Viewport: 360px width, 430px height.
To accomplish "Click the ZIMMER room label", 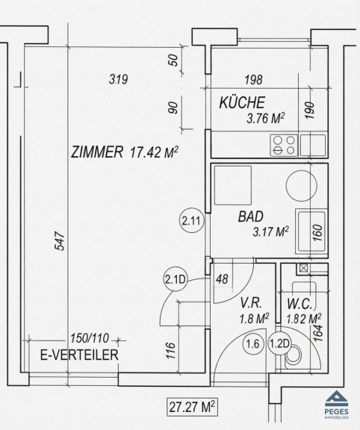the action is click(97, 152).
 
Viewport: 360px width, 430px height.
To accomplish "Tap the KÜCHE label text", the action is click(242, 102).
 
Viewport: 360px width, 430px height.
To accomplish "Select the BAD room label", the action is click(250, 216).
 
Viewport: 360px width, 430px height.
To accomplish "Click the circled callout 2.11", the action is click(193, 221).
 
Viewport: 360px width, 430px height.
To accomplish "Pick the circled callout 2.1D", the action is click(175, 279).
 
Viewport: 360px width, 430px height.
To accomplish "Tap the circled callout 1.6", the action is click(253, 343).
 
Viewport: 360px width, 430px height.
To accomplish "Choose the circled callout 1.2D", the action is click(279, 343).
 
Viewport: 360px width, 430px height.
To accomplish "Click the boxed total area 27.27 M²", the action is click(192, 407).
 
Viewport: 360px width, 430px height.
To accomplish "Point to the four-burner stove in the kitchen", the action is click(284, 146).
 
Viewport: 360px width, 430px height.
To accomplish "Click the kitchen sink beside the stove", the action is click(313, 146).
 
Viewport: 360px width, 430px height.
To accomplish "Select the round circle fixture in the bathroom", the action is click(301, 185).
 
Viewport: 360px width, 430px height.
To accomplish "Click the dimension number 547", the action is click(60, 241).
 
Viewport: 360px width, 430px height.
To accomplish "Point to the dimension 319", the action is click(119, 80).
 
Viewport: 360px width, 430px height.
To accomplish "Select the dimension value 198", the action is click(253, 80).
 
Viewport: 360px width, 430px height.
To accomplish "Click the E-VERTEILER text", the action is click(79, 355).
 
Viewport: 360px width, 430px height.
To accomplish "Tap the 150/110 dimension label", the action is click(90, 338).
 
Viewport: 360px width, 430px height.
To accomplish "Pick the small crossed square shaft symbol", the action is click(303, 267).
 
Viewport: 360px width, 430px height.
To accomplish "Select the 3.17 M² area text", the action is click(270, 232).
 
